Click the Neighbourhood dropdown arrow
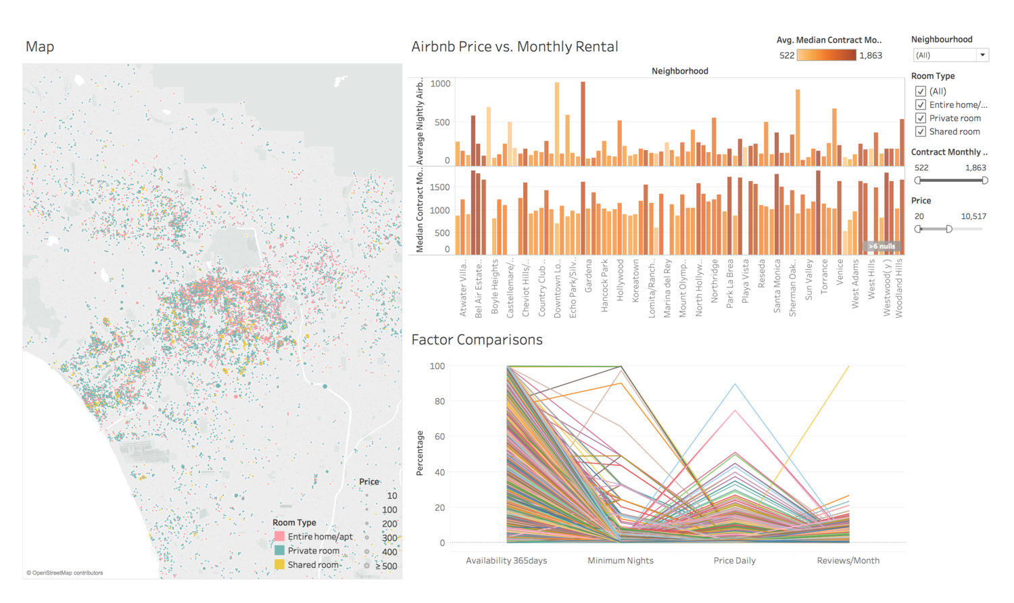982,55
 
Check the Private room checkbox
920,118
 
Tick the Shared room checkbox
920,132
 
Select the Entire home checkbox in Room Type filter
920,105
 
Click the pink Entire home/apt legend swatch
279,537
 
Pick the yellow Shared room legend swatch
279,565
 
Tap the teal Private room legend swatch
279,551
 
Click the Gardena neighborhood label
588,276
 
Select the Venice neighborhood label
840,272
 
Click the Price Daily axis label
734,560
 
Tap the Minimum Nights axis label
620,560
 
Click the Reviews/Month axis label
848,560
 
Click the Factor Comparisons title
477,340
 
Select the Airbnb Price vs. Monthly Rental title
514,47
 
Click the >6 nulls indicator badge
882,246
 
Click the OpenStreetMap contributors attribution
65,573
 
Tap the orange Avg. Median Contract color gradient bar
826,55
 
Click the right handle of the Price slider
949,229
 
